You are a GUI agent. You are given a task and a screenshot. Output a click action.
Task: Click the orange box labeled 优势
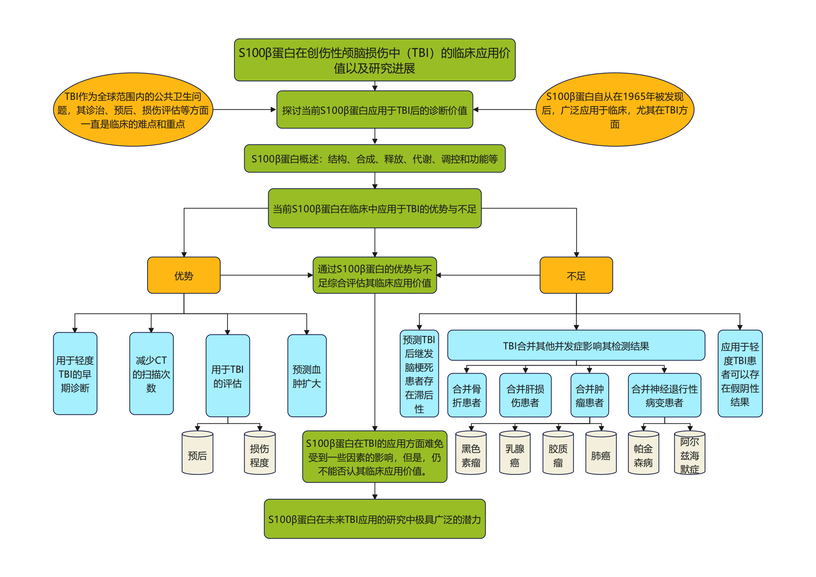[184, 275]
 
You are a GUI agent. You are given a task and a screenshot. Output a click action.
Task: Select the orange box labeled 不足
[576, 275]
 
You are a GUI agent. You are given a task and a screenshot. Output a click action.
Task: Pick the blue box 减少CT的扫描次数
[151, 373]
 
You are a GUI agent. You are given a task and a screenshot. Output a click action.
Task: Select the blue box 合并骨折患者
[467, 395]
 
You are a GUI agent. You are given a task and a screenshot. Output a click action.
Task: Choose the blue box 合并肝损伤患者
[525, 395]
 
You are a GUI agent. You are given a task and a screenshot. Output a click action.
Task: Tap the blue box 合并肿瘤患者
[589, 395]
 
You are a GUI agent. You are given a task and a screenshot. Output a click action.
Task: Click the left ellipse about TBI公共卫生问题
[133, 110]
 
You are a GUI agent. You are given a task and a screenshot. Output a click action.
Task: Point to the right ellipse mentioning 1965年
[614, 110]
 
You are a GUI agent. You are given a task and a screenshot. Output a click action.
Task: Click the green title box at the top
[374, 60]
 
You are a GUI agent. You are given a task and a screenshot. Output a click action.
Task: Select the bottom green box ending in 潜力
[374, 519]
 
